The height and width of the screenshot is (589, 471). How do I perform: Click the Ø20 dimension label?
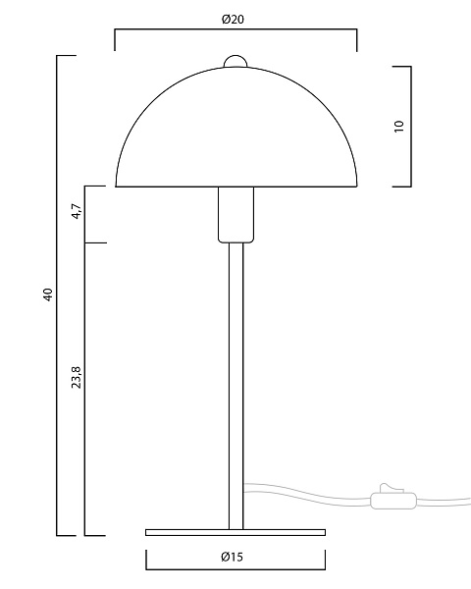pyautogui.click(x=233, y=20)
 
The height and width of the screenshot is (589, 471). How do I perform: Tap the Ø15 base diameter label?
pyautogui.click(x=232, y=557)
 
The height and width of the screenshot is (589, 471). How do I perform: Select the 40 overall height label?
pyautogui.click(x=48, y=294)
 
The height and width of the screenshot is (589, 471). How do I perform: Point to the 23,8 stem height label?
pyautogui.click(x=77, y=377)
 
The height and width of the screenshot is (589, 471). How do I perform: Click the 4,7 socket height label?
pyautogui.click(x=77, y=211)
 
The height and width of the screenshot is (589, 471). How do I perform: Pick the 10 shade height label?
pyautogui.click(x=399, y=126)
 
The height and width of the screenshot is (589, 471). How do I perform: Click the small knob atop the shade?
pyautogui.click(x=235, y=61)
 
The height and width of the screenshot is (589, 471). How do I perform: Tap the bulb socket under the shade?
pyautogui.click(x=235, y=214)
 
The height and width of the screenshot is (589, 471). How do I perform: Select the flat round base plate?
pyautogui.click(x=235, y=532)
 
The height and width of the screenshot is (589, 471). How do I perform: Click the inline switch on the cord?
pyautogui.click(x=393, y=500)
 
